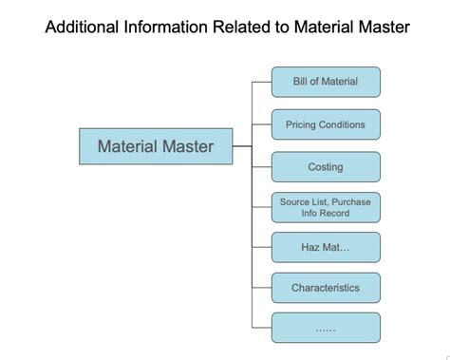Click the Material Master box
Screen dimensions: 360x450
pos(156,147)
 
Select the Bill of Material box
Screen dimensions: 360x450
pos(326,82)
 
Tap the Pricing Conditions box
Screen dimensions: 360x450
pos(326,124)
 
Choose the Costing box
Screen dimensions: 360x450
pos(326,167)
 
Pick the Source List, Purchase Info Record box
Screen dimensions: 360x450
pos(326,207)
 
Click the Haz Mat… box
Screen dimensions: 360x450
pos(326,247)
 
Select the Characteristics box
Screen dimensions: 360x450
pos(326,288)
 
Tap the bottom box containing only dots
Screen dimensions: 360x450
pos(326,329)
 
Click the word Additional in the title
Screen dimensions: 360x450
pos(83,27)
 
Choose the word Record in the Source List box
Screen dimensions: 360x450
pos(333,214)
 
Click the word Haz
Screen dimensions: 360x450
pos(312,247)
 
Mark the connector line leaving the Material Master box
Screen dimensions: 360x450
pos(242,147)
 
